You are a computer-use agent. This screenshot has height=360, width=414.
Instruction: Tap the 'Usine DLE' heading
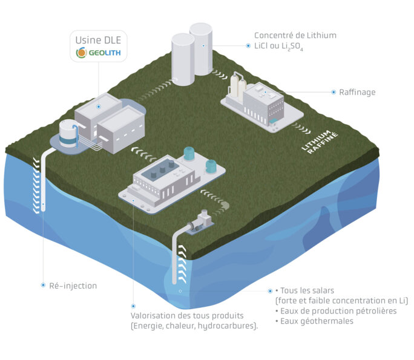tap(97, 40)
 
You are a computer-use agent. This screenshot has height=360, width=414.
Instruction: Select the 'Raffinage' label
tap(358, 92)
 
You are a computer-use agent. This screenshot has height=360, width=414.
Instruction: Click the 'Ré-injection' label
tap(73, 285)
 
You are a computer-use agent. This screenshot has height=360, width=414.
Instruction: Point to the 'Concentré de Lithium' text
tap(295, 36)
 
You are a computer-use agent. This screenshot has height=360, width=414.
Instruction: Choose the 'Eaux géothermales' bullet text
tap(317, 321)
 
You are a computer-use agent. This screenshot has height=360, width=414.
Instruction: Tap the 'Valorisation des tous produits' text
tap(187, 316)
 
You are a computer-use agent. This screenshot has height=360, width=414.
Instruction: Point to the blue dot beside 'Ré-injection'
tap(42, 285)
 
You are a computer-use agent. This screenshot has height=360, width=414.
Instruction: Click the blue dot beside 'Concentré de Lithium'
tap(248, 45)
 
